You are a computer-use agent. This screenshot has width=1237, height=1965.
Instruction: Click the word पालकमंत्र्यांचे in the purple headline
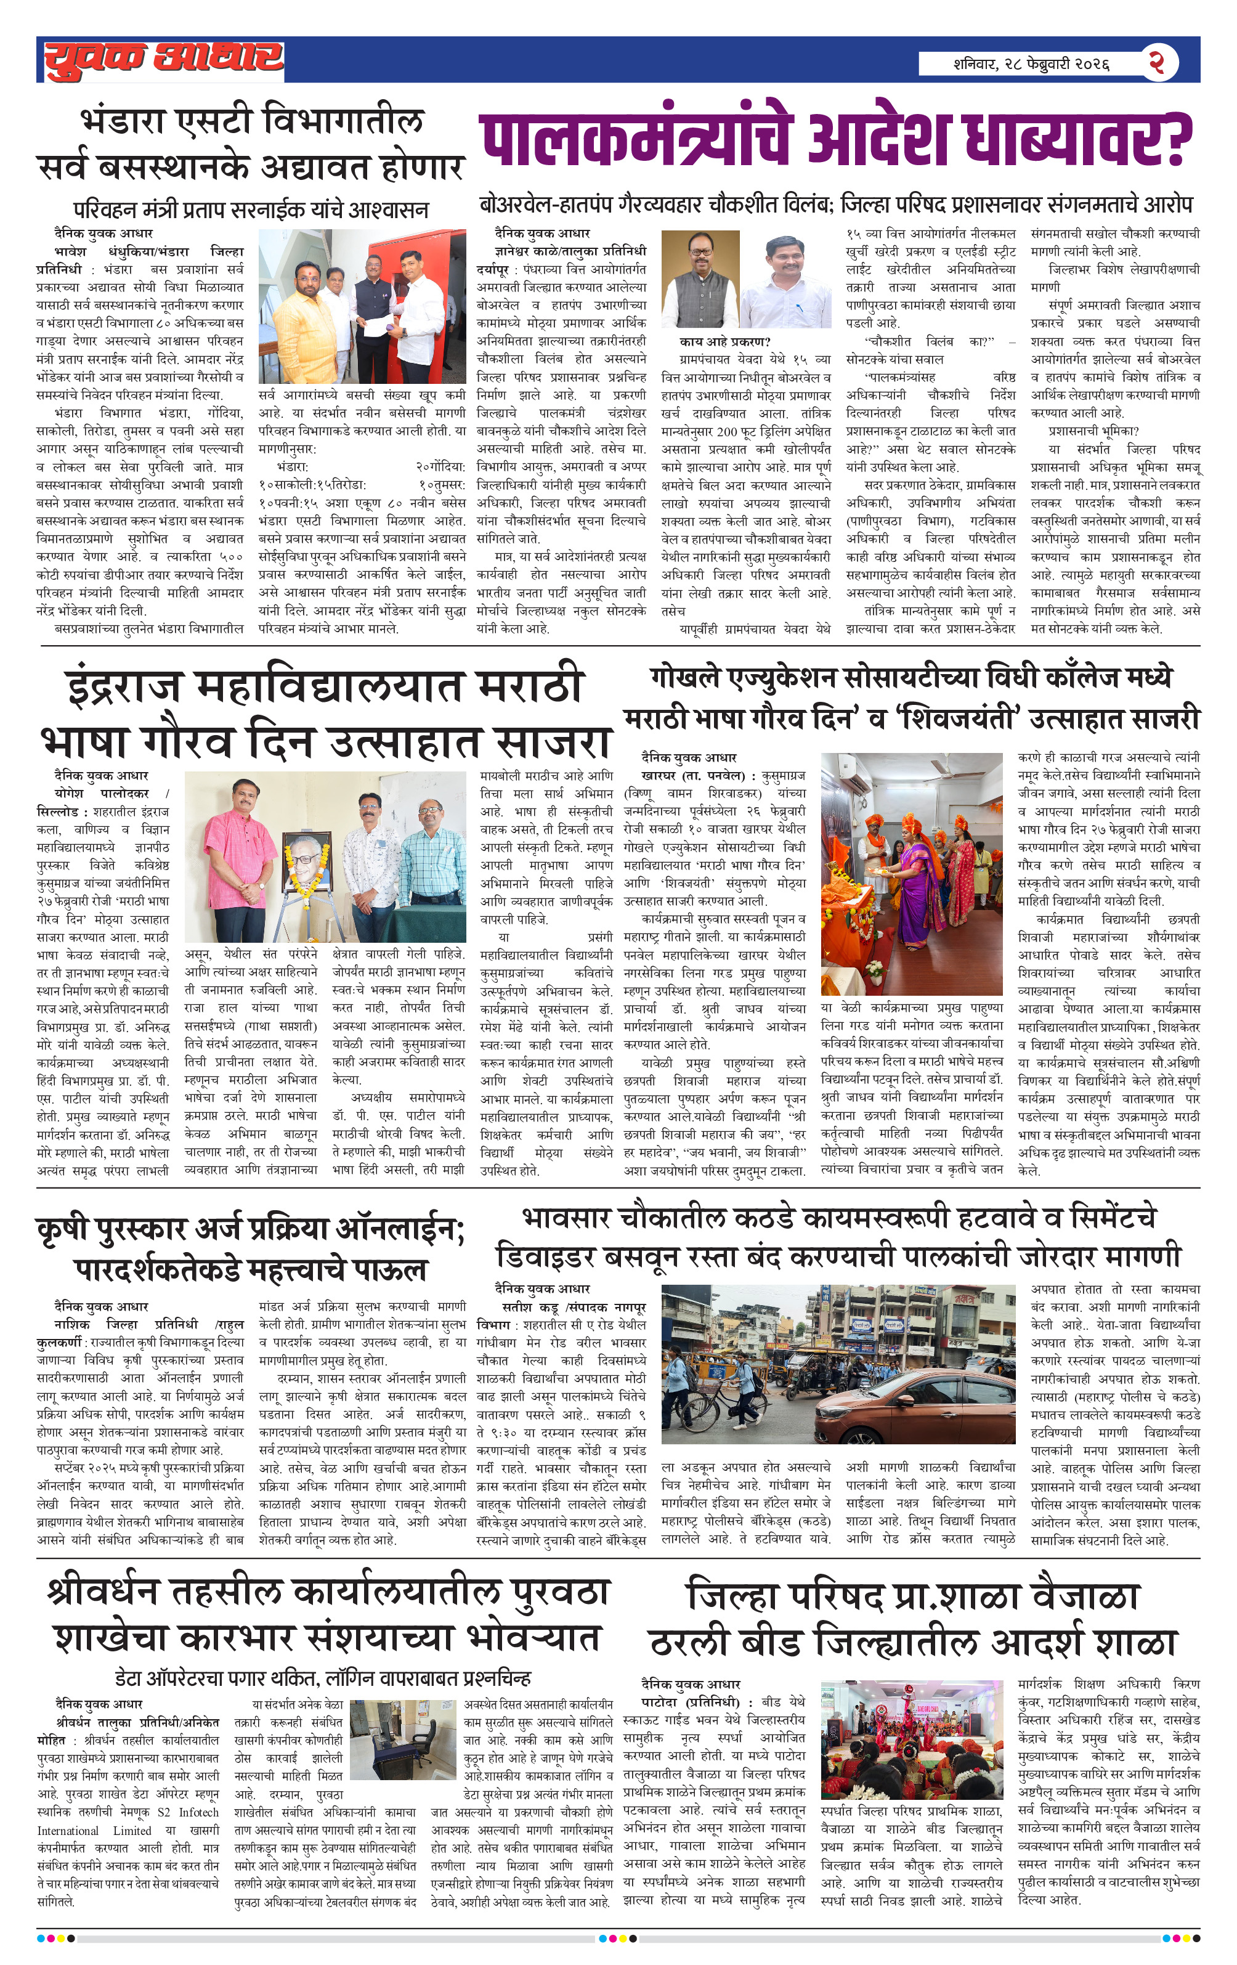coord(636,139)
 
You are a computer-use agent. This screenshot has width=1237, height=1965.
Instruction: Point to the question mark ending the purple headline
coord(1174,139)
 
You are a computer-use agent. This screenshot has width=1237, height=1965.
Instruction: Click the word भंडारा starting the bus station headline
coord(123,123)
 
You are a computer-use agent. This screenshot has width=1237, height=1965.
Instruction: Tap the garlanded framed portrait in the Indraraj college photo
coord(307,861)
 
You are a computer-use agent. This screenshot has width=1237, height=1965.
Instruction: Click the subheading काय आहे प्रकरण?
coord(724,342)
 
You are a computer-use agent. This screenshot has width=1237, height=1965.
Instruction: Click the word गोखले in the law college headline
coord(686,677)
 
